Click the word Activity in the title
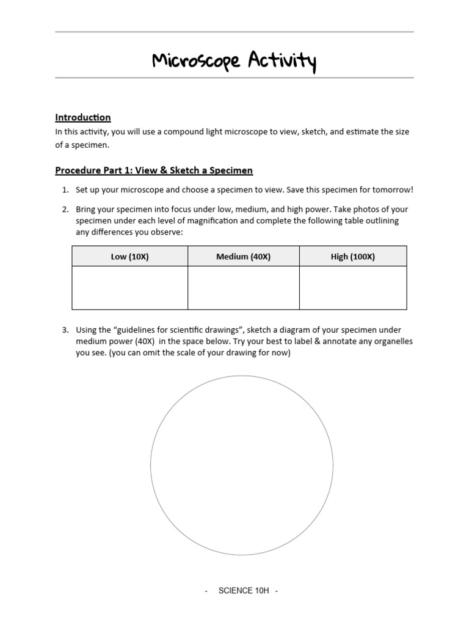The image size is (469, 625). point(282,61)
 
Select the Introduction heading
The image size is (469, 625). point(83,117)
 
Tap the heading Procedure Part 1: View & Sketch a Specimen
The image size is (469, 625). point(154,170)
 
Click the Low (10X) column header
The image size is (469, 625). point(129,257)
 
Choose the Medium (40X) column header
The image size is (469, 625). point(243,257)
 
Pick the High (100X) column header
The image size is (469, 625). point(352,257)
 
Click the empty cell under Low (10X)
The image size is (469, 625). point(129,287)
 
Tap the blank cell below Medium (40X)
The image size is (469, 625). point(243,287)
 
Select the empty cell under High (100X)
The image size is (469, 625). point(352,287)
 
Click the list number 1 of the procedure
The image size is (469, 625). point(65,190)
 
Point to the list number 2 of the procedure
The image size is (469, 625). point(65,209)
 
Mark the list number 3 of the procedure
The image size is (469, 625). point(65,330)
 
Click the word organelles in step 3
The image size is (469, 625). point(391,341)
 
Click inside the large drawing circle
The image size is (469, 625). point(242,465)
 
